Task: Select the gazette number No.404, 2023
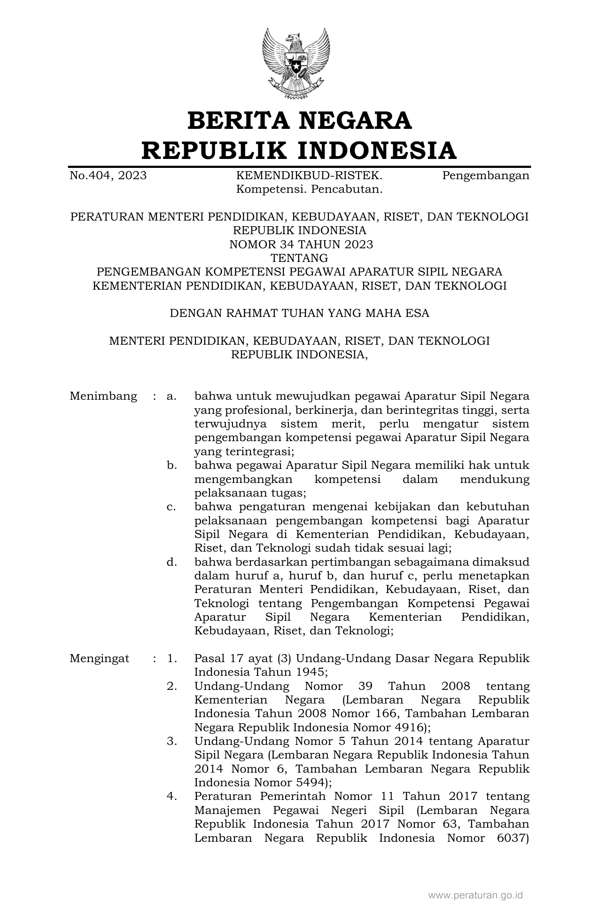(x=108, y=176)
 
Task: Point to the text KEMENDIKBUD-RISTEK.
(x=309, y=176)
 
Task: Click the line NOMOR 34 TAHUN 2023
(x=301, y=245)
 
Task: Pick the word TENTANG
(x=299, y=258)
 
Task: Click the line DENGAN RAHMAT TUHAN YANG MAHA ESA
(x=299, y=313)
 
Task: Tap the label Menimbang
(x=103, y=396)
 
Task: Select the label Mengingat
(x=100, y=658)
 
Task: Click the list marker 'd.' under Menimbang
(x=171, y=562)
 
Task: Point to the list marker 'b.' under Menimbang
(x=171, y=466)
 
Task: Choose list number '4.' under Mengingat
(x=171, y=796)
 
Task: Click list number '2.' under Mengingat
(x=171, y=686)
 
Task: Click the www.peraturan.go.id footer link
(x=475, y=895)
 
